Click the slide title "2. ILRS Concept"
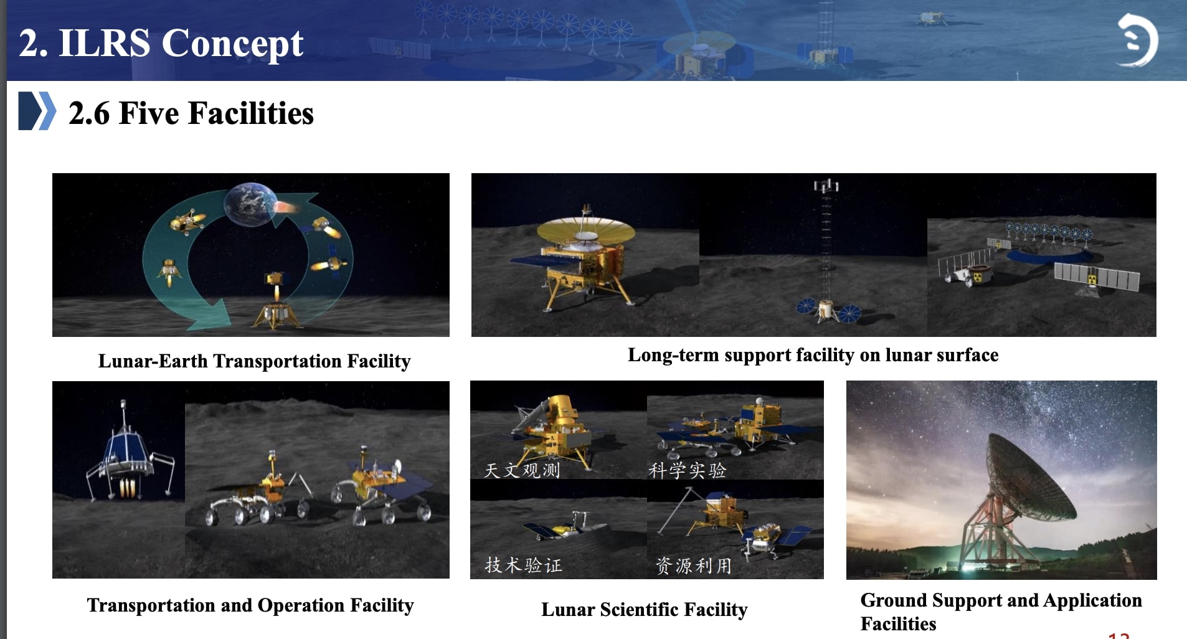(161, 43)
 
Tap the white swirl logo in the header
(1137, 40)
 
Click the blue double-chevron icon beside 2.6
(37, 111)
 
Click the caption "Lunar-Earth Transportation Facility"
(254, 361)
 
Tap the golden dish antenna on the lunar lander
(585, 231)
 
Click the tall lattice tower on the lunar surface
(826, 249)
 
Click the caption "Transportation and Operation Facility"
(250, 605)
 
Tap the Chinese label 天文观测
(522, 470)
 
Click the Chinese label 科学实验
(687, 470)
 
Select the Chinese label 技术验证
(523, 565)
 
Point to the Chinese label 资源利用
(693, 566)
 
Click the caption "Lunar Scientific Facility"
(644, 610)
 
